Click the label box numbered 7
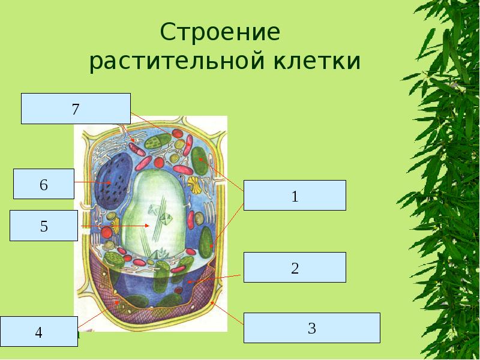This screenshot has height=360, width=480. (76, 109)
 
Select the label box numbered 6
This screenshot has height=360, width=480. (43, 184)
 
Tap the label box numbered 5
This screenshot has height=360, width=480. (44, 226)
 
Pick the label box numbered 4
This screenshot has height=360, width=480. (39, 331)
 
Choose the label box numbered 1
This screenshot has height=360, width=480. (295, 195)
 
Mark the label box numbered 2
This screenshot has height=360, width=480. (295, 267)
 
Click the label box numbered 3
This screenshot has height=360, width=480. (311, 328)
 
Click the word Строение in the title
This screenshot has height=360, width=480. (220, 32)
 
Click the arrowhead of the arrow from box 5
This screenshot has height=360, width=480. (148, 226)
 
